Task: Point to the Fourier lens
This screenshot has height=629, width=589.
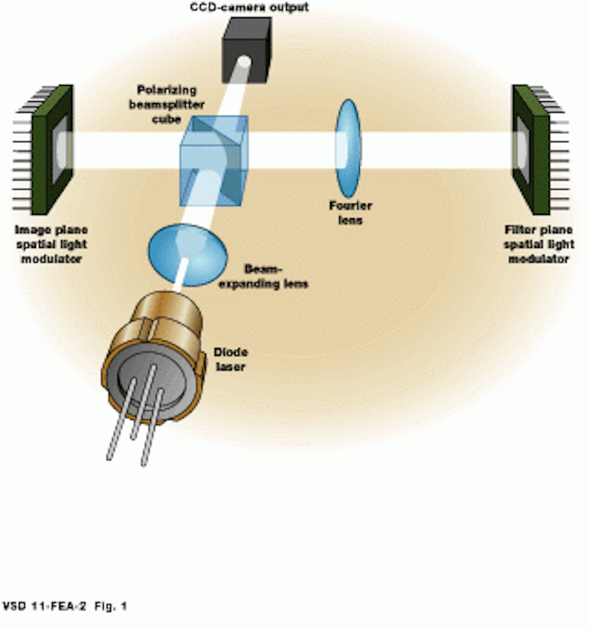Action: click(348, 148)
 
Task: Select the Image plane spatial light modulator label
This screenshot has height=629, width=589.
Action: click(52, 245)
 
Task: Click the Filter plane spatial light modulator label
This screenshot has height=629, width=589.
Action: click(539, 245)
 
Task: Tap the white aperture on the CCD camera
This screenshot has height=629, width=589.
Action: click(245, 61)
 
